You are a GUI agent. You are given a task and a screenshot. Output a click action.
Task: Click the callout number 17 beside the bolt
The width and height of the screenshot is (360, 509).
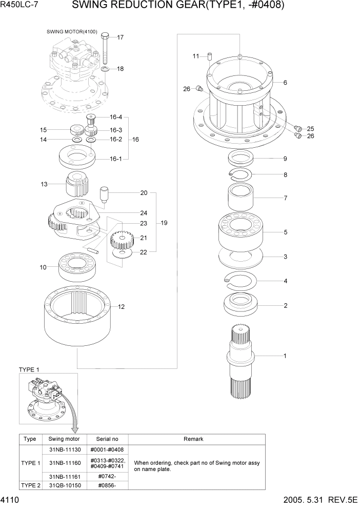(x=121, y=37)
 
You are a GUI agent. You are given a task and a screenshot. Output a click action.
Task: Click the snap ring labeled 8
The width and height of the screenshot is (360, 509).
(x=239, y=174)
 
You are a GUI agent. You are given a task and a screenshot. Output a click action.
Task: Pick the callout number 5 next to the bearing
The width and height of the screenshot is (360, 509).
(x=285, y=232)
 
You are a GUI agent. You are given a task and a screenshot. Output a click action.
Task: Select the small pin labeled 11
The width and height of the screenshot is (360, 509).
(x=210, y=56)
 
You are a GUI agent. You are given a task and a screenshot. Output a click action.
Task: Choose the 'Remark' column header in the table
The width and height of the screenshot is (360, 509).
(x=193, y=439)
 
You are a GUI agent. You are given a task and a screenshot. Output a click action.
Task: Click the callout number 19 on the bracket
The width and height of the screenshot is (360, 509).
(x=164, y=223)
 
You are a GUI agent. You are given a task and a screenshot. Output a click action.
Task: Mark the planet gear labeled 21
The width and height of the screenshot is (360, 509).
(x=122, y=239)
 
